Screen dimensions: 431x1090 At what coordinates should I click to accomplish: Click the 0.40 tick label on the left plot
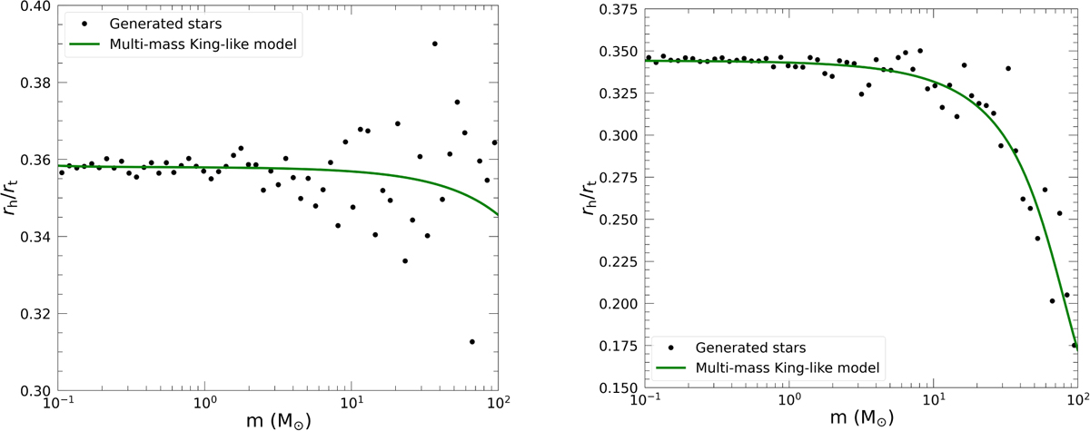point(33,6)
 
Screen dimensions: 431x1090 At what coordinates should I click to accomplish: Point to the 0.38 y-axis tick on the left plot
point(33,83)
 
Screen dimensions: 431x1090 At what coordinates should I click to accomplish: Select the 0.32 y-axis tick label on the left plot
point(33,314)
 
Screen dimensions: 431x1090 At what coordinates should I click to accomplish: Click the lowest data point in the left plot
point(471,341)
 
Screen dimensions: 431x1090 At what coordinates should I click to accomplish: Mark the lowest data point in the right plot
point(1074,345)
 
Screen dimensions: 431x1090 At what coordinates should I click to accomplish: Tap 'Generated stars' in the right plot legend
point(746,347)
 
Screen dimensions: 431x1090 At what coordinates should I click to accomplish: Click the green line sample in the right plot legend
point(670,367)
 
